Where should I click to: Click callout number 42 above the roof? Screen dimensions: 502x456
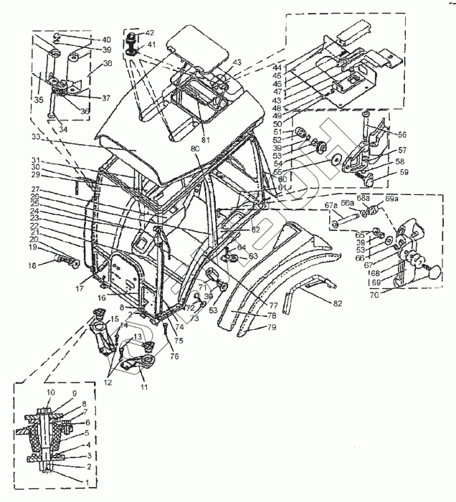tap(149, 33)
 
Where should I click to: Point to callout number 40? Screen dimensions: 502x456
tap(106, 39)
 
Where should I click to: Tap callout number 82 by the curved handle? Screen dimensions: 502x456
tap(337, 303)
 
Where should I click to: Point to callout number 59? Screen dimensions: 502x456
tap(404, 172)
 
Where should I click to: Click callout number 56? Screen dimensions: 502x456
tap(403, 133)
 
